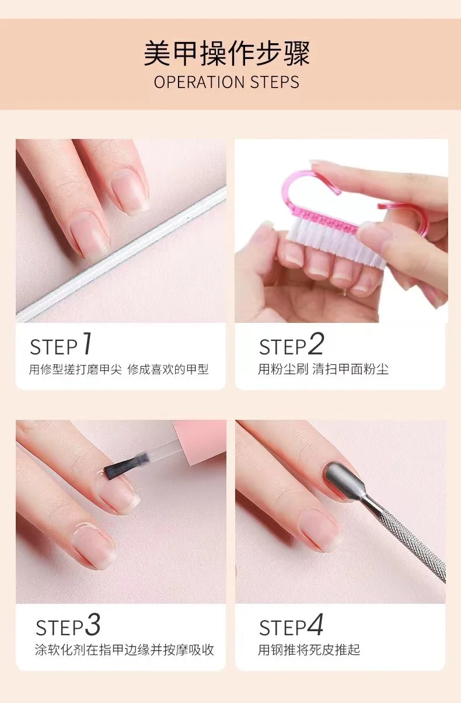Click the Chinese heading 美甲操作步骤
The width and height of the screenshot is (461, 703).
(227, 53)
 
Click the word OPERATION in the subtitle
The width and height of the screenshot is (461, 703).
(199, 82)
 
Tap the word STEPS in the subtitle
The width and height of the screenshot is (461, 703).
(275, 82)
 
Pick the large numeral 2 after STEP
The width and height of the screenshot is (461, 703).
(316, 344)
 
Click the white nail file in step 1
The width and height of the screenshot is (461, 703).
(121, 254)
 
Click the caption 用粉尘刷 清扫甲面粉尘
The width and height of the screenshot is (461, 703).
(323, 369)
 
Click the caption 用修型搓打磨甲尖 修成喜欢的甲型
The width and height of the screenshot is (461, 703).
(119, 370)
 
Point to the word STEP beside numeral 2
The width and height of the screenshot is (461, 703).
(282, 347)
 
